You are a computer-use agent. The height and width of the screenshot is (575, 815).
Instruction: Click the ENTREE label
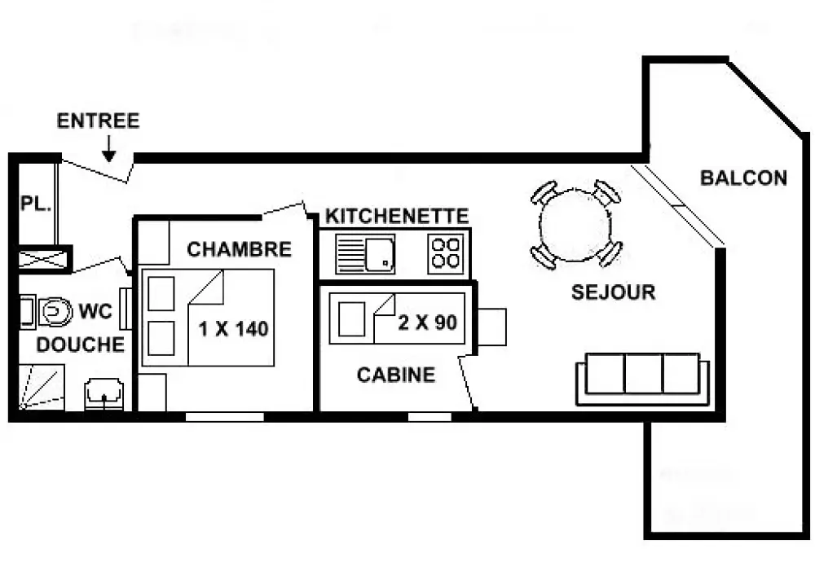click(99, 121)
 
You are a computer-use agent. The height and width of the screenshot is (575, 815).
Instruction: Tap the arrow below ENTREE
click(108, 148)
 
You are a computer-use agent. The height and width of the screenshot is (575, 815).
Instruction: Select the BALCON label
click(743, 178)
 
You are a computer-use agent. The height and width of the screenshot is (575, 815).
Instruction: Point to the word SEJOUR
click(614, 292)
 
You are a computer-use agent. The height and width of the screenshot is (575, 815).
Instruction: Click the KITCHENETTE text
click(397, 216)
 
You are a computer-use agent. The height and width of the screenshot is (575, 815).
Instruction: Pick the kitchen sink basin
click(380, 253)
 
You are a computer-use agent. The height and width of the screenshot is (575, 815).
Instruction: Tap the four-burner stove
click(446, 253)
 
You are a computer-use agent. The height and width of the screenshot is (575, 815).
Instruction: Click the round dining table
click(575, 225)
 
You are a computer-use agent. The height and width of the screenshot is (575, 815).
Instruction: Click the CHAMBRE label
click(239, 249)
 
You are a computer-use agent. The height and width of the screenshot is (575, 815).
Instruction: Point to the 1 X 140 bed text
click(233, 329)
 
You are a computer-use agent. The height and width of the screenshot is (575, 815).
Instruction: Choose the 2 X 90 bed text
click(427, 323)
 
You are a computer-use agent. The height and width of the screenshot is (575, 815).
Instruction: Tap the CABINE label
click(396, 375)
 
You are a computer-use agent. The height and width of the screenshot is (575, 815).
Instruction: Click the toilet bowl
click(55, 312)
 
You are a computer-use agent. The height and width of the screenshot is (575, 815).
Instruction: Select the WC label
click(95, 312)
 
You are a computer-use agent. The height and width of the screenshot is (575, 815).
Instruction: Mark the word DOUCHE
click(81, 345)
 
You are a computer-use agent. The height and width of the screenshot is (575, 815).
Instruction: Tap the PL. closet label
click(36, 203)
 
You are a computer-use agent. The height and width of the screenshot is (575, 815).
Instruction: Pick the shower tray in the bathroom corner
click(42, 387)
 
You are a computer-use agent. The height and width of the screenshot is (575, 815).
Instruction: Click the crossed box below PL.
click(44, 259)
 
